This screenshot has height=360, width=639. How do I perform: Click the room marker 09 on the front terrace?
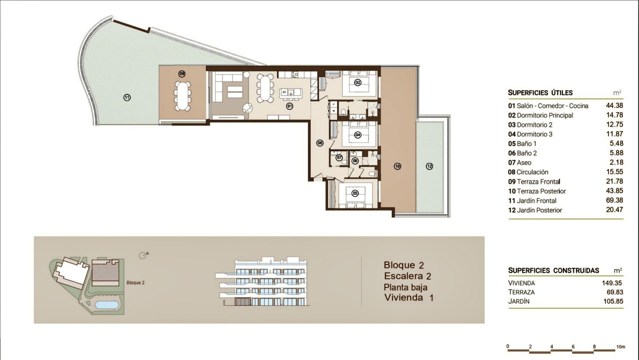point(182,74)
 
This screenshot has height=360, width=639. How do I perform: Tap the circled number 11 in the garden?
point(127,98)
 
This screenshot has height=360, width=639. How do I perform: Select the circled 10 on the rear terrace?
point(397,166)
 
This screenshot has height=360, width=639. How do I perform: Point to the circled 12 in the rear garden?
point(429,166)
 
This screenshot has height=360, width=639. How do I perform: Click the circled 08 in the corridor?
point(320,143)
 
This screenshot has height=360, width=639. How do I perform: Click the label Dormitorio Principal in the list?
point(545,115)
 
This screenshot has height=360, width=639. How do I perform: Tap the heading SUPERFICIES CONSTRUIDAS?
point(553,270)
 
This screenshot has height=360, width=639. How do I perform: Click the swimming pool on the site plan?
point(107,305)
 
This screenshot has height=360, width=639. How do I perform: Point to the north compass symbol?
point(144,255)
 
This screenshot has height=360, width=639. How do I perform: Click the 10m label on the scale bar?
point(620,347)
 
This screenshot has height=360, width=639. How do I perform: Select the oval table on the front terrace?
point(182,95)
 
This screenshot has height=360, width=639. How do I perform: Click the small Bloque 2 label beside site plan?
point(135,283)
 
